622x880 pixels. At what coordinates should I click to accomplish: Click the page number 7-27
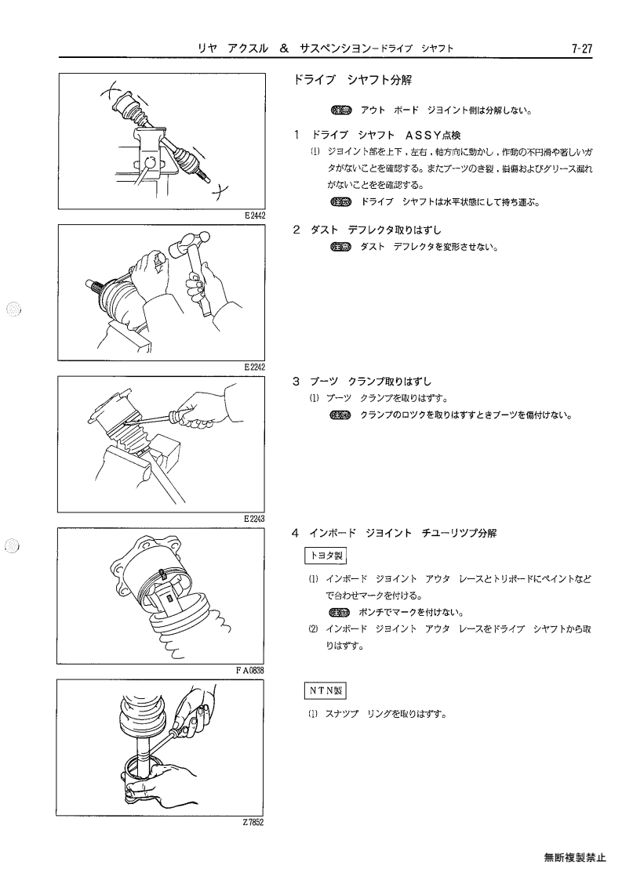(581, 49)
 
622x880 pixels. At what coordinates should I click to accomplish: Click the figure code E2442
(255, 215)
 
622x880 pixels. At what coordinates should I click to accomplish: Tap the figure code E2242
(255, 367)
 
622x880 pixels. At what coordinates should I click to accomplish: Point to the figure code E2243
(255, 519)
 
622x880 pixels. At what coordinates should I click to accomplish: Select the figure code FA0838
(250, 670)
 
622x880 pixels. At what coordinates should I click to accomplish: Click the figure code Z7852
(253, 822)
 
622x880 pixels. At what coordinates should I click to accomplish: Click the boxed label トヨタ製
(326, 556)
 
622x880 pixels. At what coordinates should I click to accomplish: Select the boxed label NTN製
(326, 691)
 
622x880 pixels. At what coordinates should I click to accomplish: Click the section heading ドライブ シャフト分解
(352, 80)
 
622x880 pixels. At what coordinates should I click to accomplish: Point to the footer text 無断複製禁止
(575, 857)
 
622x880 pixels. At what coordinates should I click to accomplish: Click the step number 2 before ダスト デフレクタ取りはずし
(296, 230)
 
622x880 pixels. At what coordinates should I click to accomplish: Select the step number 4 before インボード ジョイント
(296, 533)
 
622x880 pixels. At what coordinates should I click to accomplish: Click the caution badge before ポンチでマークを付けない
(340, 612)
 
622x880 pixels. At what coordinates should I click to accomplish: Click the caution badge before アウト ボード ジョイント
(340, 110)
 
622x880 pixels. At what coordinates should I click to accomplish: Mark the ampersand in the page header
(284, 49)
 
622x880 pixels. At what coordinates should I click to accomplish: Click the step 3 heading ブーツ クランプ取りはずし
(371, 382)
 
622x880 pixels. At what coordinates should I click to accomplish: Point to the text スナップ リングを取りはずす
(386, 714)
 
